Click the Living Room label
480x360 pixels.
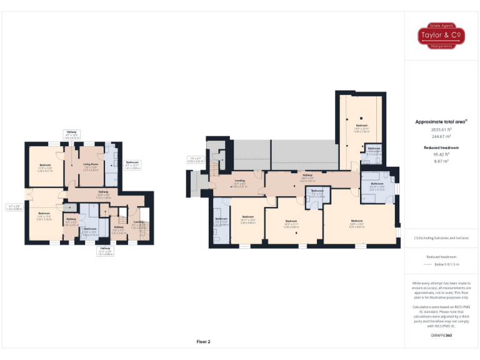(91, 166)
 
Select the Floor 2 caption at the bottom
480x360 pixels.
(204, 342)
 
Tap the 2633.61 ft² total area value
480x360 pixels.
(441, 129)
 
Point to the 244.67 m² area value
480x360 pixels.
(441, 136)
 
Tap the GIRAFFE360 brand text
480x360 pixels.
(441, 336)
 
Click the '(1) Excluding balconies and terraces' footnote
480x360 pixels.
(441, 238)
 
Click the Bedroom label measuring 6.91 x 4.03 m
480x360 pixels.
(357, 222)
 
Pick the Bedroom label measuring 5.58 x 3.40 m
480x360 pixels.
(291, 222)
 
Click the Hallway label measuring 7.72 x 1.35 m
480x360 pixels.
(103, 193)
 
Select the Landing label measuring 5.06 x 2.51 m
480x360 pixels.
(239, 184)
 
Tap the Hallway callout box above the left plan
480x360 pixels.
(72, 134)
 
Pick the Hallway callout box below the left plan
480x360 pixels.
(104, 251)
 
